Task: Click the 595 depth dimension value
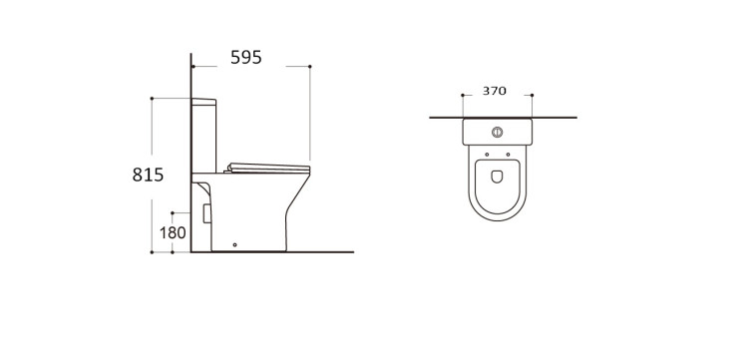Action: (246, 57)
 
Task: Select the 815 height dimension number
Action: (148, 175)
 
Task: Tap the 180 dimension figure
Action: (173, 233)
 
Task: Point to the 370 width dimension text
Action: (495, 91)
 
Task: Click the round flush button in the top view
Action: (497, 132)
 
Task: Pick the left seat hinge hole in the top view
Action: (487, 155)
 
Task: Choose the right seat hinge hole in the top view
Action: (508, 155)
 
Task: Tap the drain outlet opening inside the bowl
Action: (497, 177)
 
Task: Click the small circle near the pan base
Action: (234, 245)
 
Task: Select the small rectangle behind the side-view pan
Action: (206, 213)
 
